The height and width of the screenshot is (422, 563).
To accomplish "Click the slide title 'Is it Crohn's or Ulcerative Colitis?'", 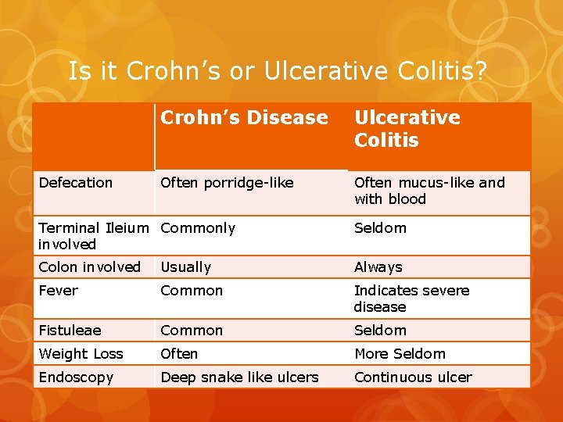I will coord(278,71).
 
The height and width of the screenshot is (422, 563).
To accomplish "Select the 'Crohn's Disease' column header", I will coord(244,118).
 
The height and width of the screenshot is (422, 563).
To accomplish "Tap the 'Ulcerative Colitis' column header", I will coord(407,129).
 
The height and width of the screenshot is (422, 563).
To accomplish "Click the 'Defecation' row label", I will coord(76,183).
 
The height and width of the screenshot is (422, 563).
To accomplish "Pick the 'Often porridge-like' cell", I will coord(227,183).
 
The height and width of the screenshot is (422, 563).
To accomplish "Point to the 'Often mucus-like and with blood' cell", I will coord(429,191).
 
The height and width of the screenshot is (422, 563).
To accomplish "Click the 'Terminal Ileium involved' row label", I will coord(92,236).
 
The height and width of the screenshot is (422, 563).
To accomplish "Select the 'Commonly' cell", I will coord(198,228).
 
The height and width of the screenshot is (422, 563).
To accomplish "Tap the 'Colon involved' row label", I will coord(89,267).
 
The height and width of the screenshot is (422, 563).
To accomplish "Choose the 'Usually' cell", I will coord(186,267).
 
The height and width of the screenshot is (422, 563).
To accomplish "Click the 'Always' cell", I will coord(378,267).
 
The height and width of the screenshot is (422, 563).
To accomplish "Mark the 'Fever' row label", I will coord(59,291).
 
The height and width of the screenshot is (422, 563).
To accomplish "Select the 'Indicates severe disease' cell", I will coord(411,299).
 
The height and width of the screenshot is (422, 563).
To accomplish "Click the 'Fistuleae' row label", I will coord(70,331).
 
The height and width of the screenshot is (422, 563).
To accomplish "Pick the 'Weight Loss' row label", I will coord(81,354).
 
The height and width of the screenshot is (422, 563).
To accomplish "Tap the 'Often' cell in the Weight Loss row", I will coord(179,354).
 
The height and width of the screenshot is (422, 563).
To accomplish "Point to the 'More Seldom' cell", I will coord(400,354).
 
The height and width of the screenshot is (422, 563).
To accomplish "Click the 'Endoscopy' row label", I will coord(76,377).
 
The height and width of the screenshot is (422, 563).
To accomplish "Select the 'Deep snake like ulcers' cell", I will coord(239,377).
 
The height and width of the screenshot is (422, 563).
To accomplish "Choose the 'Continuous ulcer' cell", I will coord(413,377).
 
